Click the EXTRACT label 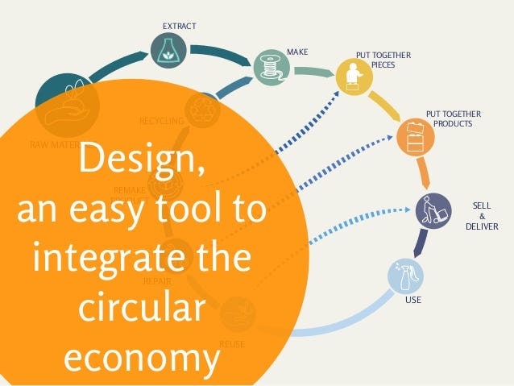[179, 27]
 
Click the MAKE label [297, 52]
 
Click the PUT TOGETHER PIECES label [383, 60]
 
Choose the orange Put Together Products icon [416, 136]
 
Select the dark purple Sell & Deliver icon [433, 211]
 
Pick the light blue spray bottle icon [404, 276]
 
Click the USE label [413, 301]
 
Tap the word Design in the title [142, 163]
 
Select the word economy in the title [142, 357]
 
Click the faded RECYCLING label [161, 121]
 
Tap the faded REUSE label [232, 344]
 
